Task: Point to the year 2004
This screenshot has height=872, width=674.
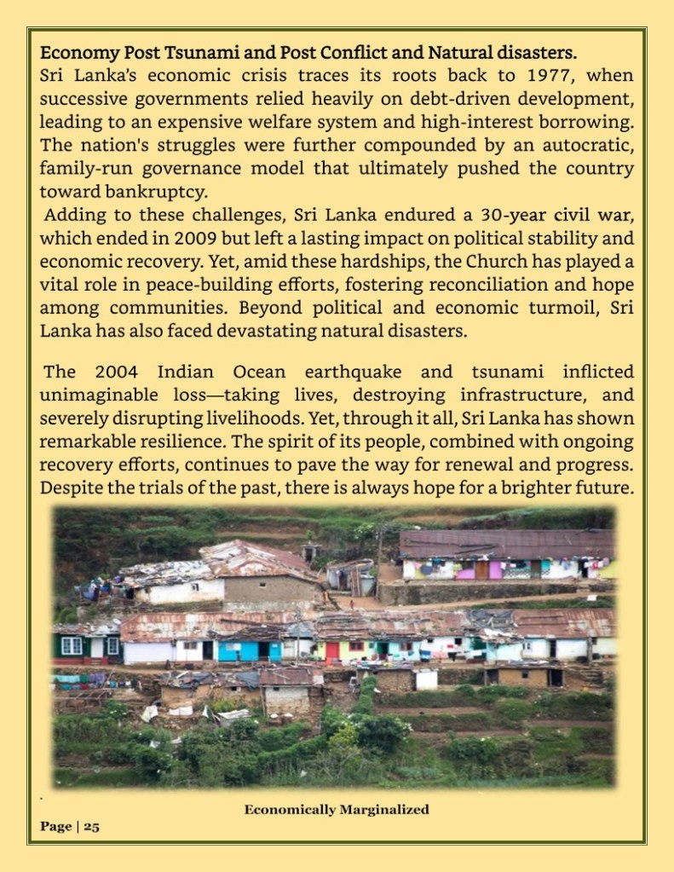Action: point(115,372)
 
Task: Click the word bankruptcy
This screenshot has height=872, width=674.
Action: point(152,190)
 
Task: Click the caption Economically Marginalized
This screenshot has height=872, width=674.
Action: point(337,809)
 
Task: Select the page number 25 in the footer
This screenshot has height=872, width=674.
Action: point(91,826)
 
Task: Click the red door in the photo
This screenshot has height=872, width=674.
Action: point(332,652)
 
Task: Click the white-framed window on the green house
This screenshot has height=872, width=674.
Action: point(72,646)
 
